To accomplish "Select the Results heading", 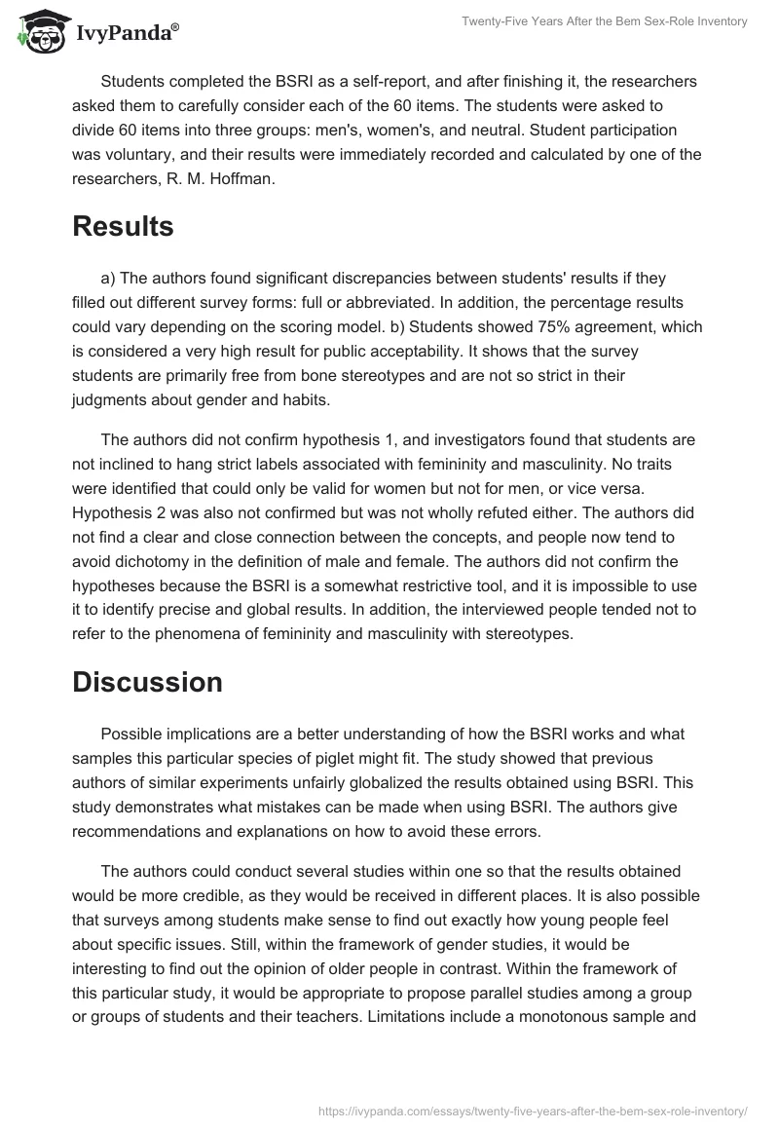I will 123,226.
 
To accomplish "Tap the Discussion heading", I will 147,682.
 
